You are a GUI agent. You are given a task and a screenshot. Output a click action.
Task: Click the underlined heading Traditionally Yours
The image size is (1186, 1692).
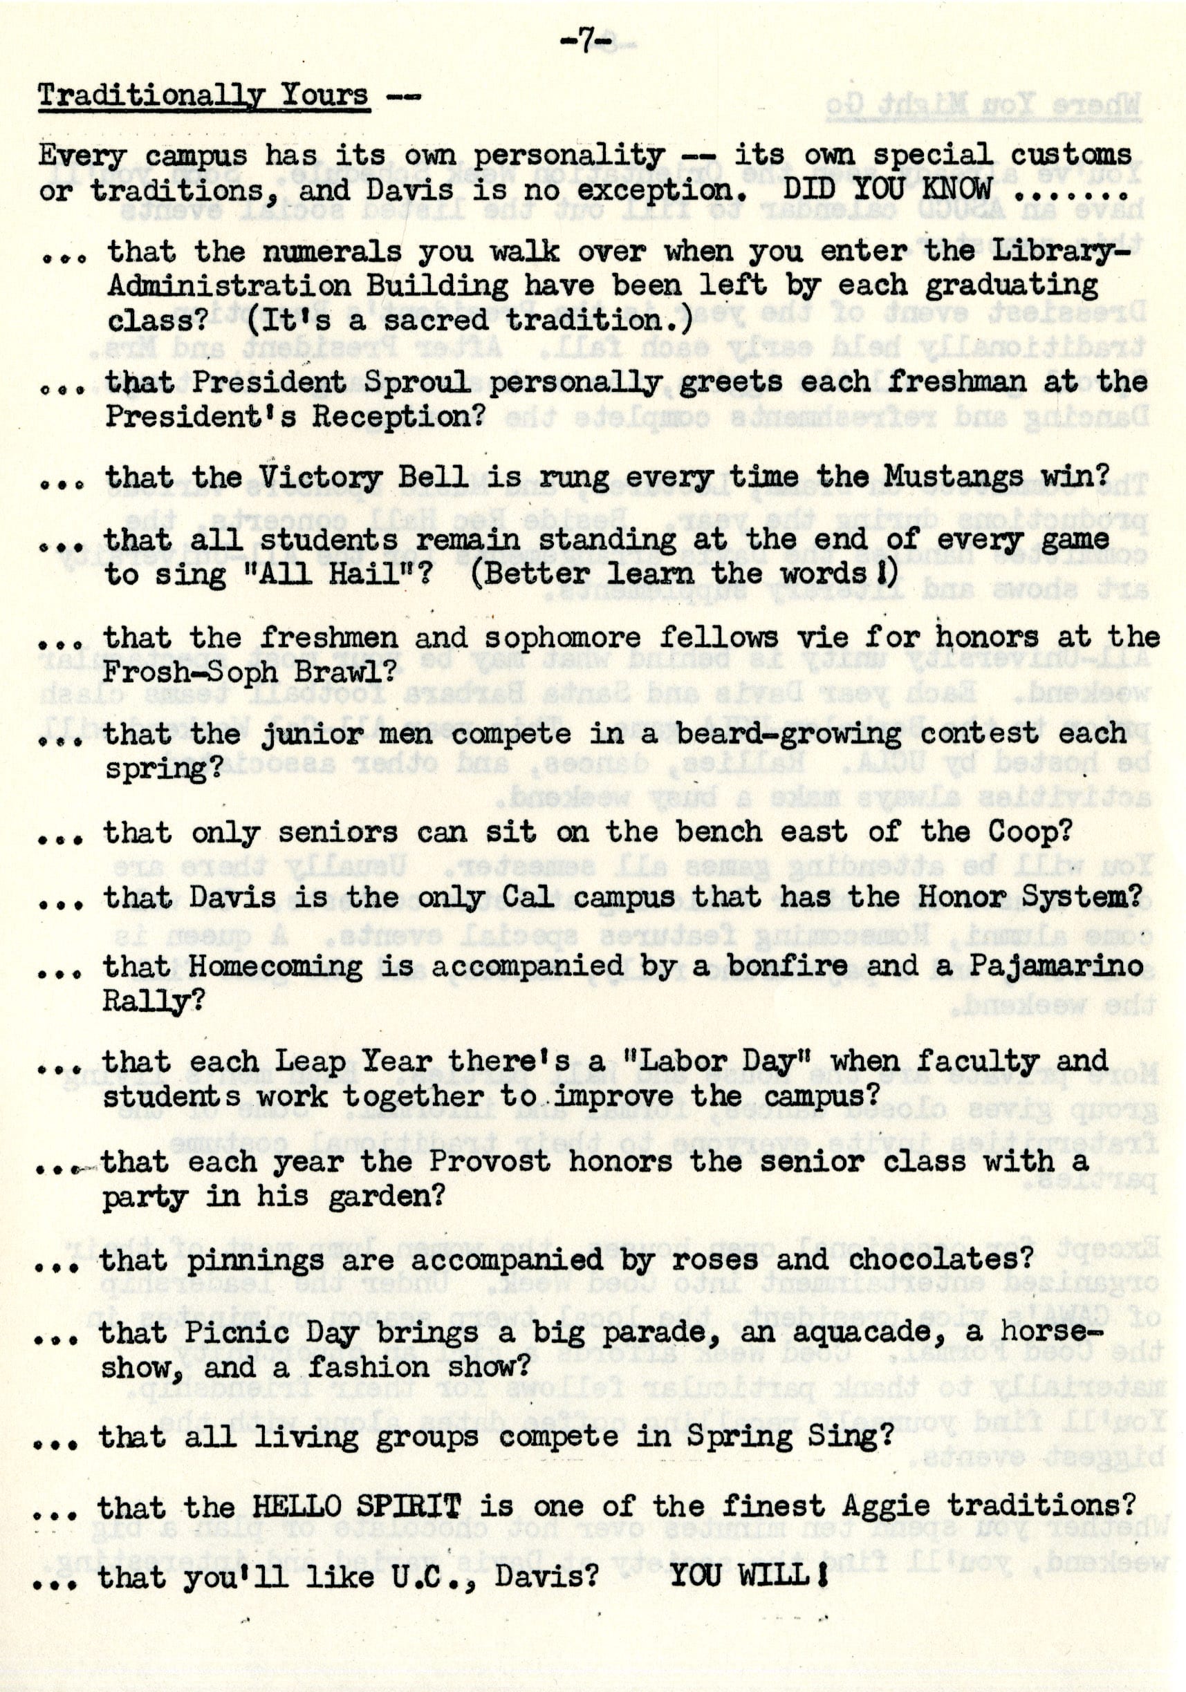coord(203,96)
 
